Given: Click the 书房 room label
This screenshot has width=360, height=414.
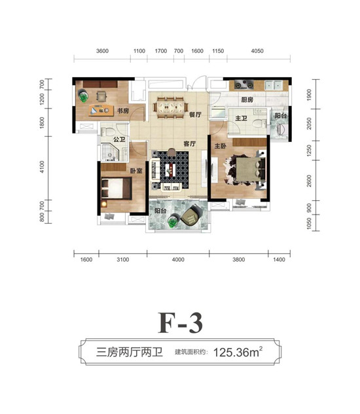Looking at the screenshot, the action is [x=123, y=111].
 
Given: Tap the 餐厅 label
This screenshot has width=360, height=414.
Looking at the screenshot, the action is [x=195, y=114].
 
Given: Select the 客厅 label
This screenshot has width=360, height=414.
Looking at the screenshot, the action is [x=190, y=144].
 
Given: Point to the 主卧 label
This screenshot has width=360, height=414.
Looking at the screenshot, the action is [x=220, y=146].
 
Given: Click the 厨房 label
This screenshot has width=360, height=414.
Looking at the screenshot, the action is [x=247, y=99].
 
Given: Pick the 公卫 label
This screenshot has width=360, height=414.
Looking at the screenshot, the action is [x=119, y=139].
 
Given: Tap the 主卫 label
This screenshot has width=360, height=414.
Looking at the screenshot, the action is [x=241, y=118].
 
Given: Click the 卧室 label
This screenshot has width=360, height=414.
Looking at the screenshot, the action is [x=136, y=171].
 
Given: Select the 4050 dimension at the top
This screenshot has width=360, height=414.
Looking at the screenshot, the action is [x=257, y=51].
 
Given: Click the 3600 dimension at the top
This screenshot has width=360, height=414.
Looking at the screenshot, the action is [x=102, y=51].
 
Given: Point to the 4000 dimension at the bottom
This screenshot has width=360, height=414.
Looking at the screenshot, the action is [x=178, y=260].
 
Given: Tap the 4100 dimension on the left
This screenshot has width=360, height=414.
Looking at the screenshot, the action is [x=42, y=167].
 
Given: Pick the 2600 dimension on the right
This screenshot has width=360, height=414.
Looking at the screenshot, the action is [x=309, y=181].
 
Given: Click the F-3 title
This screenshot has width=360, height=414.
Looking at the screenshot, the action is [x=180, y=322].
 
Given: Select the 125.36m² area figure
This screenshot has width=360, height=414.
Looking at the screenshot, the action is [x=238, y=352].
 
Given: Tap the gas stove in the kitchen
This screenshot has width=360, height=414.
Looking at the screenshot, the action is [x=244, y=85].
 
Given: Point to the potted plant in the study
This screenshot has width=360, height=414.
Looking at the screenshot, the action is [x=83, y=95].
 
